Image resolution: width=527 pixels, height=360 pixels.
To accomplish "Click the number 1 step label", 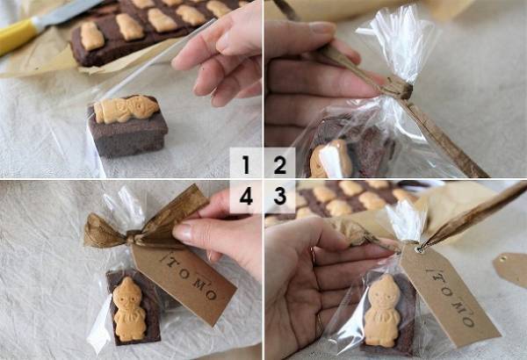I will (x=246, y=164).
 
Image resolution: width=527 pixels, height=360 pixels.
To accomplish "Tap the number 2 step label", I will (x=280, y=164).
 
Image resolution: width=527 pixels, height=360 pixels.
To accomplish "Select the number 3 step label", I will (x=280, y=197).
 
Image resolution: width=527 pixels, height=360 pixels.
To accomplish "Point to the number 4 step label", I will (x=246, y=197).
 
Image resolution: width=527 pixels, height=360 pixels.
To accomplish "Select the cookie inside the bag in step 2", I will (x=329, y=158).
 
